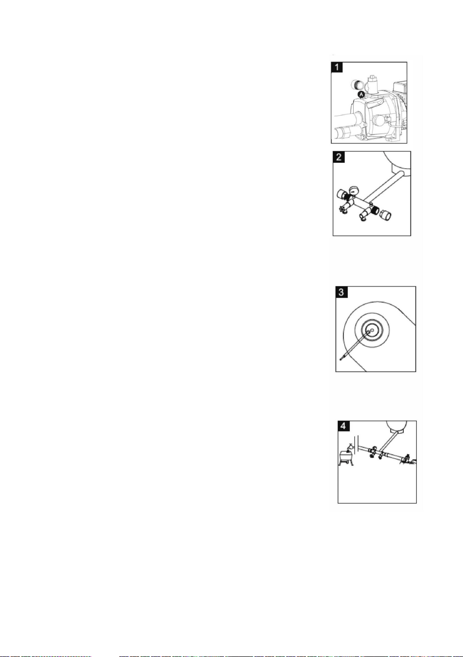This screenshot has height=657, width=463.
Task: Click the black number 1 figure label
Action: pyautogui.click(x=337, y=67)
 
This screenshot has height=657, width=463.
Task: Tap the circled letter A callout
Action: pyautogui.click(x=362, y=94)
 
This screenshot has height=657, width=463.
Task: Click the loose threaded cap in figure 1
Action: pyautogui.click(x=357, y=84)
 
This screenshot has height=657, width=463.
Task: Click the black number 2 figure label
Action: pyautogui.click(x=339, y=157)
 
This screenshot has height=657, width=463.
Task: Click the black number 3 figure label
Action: pyautogui.click(x=342, y=292)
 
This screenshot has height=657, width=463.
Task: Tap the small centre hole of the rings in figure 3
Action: pyautogui.click(x=372, y=330)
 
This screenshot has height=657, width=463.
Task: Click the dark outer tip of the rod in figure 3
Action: pyautogui.click(x=341, y=359)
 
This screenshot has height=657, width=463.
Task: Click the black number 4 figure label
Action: pyautogui.click(x=344, y=426)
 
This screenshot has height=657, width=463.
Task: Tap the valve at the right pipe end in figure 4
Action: pyautogui.click(x=407, y=458)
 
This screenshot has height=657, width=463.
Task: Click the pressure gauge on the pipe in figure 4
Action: pyautogui.click(x=375, y=448)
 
